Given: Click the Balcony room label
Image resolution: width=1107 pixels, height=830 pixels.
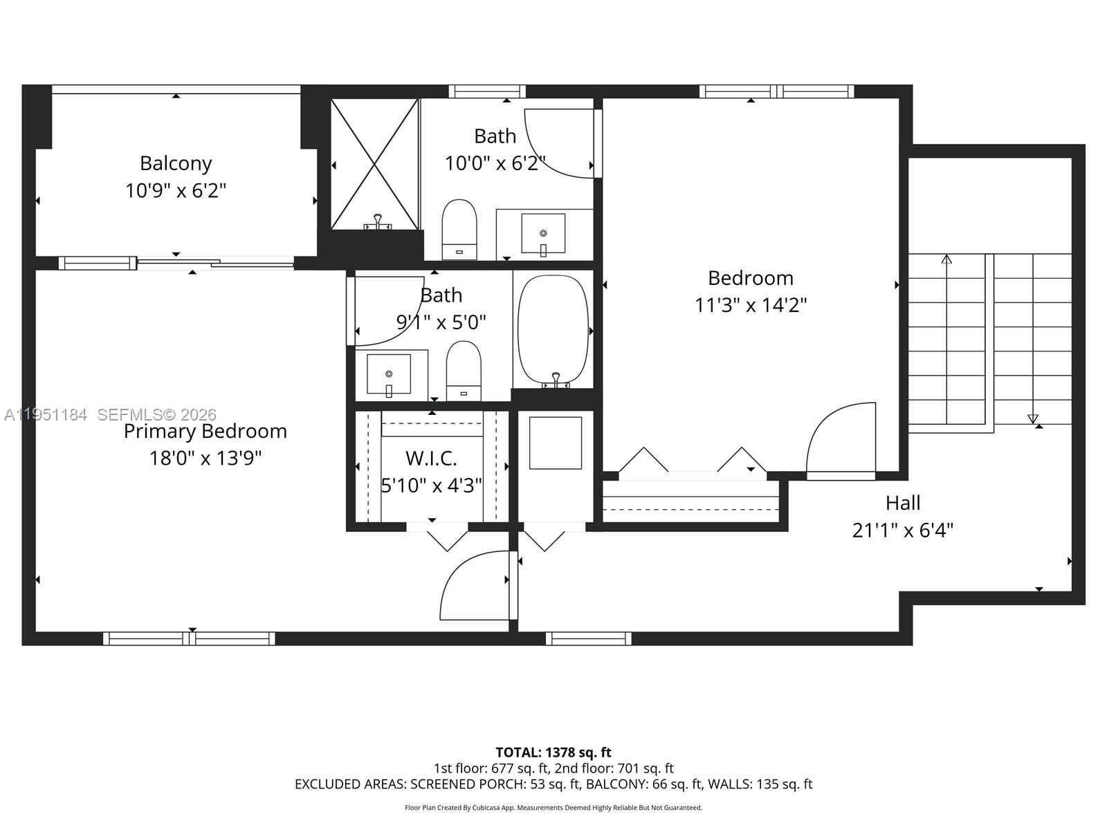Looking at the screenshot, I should pyautogui.click(x=176, y=163).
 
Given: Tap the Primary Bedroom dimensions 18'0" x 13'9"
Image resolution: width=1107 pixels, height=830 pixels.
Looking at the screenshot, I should pyautogui.click(x=205, y=458).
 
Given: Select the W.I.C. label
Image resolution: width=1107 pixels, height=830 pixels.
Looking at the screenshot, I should pyautogui.click(x=431, y=458).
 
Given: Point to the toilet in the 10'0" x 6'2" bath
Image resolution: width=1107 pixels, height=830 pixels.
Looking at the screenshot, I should pyautogui.click(x=459, y=228).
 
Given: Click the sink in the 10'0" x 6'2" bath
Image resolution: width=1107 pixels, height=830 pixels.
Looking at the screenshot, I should pyautogui.click(x=543, y=234).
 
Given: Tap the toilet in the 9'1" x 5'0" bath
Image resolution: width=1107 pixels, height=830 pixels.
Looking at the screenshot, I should pyautogui.click(x=464, y=369).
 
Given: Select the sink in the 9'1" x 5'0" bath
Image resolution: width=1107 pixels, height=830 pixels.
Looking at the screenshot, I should pyautogui.click(x=389, y=374).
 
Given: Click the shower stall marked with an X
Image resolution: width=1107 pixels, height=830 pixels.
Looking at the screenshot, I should pyautogui.click(x=374, y=163).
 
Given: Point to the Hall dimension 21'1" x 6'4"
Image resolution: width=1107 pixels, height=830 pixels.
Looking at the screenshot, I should pyautogui.click(x=903, y=531).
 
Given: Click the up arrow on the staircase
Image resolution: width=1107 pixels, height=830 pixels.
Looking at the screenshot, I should pyautogui.click(x=946, y=259).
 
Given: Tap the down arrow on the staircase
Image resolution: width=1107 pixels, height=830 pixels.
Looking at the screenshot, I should pyautogui.click(x=1033, y=418).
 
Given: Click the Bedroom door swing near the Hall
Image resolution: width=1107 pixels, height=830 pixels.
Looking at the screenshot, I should pyautogui.click(x=839, y=439).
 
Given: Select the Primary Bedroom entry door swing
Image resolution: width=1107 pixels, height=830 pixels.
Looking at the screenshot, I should pyautogui.click(x=477, y=585).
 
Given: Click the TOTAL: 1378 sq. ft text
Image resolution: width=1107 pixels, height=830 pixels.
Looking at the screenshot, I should pyautogui.click(x=553, y=752).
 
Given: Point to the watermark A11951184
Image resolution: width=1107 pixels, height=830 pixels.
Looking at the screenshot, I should pyautogui.click(x=46, y=415).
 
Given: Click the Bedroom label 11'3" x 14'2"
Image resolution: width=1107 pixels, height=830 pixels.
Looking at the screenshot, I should pyautogui.click(x=751, y=304).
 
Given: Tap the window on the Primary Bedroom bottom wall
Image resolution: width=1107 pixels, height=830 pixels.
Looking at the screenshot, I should pyautogui.click(x=189, y=638).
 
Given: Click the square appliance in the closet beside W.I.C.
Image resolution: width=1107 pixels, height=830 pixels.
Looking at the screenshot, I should pyautogui.click(x=555, y=443).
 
